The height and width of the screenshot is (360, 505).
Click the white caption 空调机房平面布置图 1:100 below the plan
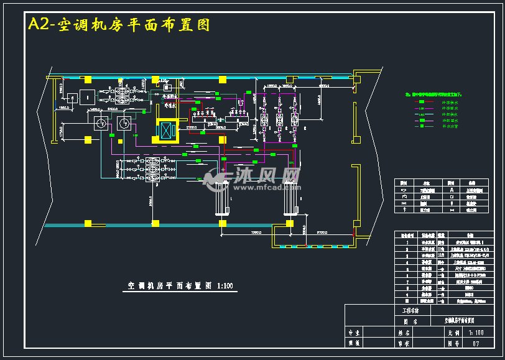click(x=180, y=286)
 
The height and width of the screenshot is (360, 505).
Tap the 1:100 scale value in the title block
click(x=476, y=333)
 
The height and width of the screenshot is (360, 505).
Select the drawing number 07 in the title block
click(x=476, y=343)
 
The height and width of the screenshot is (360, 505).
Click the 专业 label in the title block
click(x=354, y=333)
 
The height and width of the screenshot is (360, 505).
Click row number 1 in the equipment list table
click(x=406, y=241)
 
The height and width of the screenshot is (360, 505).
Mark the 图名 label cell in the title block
click(x=411, y=321)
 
